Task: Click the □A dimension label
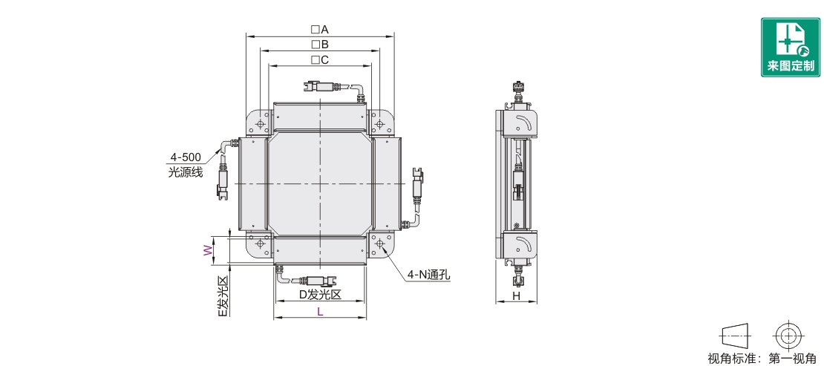[x=319, y=29]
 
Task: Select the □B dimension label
[x=319, y=45]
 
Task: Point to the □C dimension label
[x=319, y=59]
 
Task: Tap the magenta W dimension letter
[x=208, y=250]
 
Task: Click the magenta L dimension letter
[x=320, y=311]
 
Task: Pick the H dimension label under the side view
[x=516, y=296]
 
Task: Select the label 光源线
[x=185, y=172]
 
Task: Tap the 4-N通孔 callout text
[x=428, y=274]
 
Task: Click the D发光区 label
[x=320, y=295]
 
